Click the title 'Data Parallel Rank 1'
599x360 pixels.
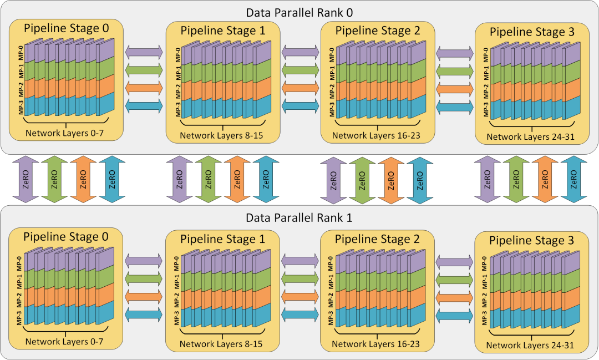[x=300, y=217]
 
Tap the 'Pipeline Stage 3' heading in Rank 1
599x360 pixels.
[x=532, y=241]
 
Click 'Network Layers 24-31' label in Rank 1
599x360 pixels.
[x=530, y=346]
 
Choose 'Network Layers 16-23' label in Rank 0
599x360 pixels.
[x=376, y=135]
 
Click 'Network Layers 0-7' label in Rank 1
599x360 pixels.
[x=64, y=342]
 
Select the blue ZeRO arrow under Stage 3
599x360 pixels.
[x=574, y=179]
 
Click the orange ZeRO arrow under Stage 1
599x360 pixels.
[x=237, y=179]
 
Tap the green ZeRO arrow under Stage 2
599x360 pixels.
[x=362, y=179]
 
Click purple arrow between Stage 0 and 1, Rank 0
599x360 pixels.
[x=144, y=52]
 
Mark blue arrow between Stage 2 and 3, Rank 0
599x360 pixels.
[x=455, y=107]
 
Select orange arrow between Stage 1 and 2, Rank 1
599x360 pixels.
[x=300, y=296]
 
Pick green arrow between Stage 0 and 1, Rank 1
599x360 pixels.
[x=144, y=277]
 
